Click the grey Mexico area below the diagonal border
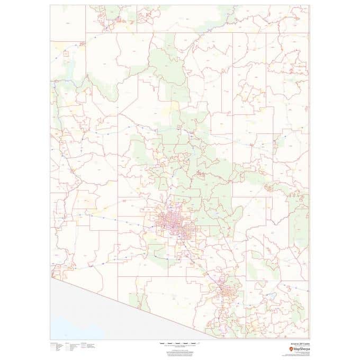pyautogui.click(x=106, y=312)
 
